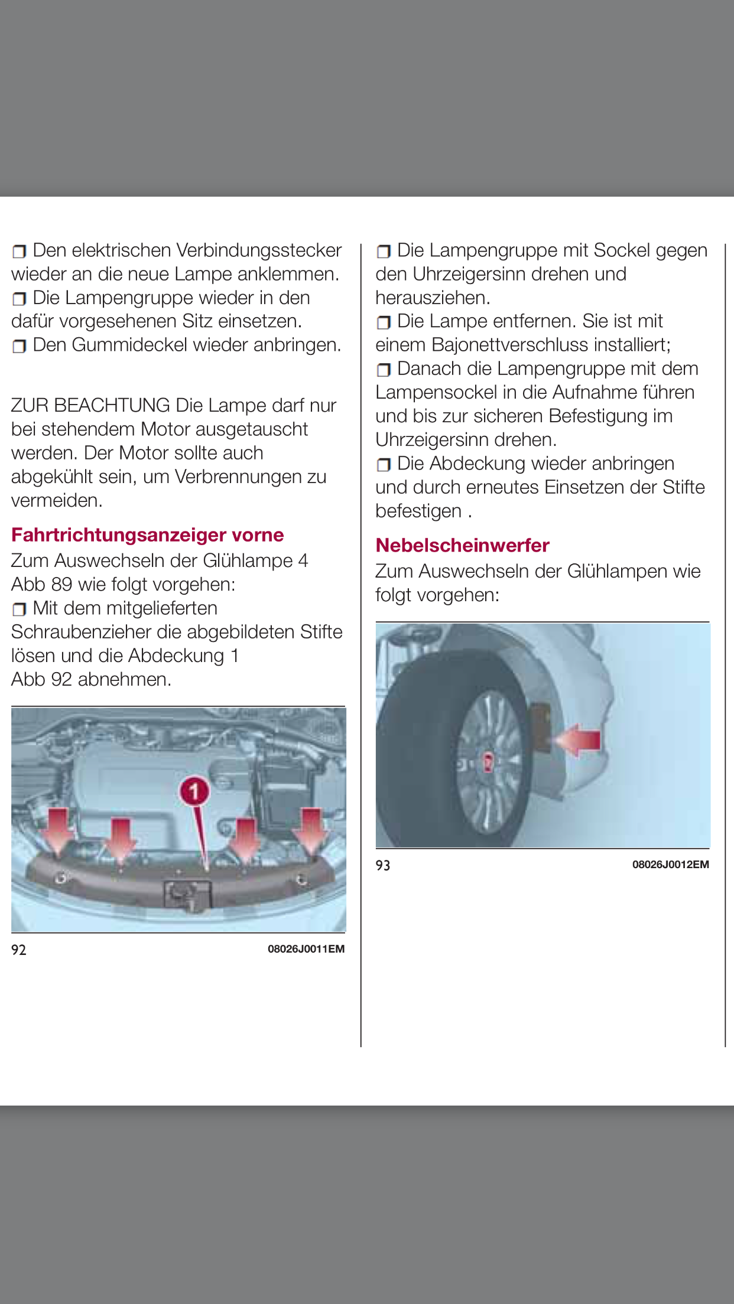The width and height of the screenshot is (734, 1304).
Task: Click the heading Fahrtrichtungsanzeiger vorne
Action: coord(147,535)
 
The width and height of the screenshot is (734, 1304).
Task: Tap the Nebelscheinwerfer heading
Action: coord(462,545)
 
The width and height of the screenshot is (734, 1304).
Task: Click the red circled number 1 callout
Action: coord(194,791)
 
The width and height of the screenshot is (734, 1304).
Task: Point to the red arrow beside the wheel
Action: coord(580,740)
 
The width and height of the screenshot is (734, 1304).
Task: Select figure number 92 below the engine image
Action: coord(19,950)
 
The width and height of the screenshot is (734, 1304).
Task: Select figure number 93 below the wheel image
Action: coord(383,865)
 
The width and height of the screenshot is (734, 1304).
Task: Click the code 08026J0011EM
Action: coord(306,949)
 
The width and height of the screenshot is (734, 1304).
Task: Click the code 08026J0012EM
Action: coord(670,865)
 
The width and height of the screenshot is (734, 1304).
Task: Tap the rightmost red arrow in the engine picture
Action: coord(311,830)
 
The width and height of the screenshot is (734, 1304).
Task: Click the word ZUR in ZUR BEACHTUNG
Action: coord(30,406)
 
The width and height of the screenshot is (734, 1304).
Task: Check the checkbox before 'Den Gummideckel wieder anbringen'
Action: coord(20,346)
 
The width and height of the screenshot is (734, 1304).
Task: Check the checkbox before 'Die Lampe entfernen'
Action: coord(384,322)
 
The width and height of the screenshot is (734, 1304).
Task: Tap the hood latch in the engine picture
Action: coord(186,894)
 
